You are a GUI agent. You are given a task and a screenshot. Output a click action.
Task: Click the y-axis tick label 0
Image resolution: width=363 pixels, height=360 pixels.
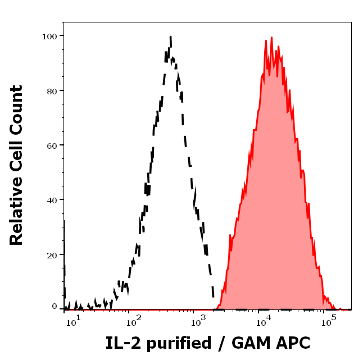coord(55,307)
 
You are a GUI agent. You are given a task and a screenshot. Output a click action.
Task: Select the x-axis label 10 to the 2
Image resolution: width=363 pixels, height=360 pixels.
coord(133,321)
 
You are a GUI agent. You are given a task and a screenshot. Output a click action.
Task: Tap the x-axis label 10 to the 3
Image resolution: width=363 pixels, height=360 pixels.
coord(197,321)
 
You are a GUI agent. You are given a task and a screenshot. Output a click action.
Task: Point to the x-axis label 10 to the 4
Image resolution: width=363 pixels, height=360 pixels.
coord(262,321)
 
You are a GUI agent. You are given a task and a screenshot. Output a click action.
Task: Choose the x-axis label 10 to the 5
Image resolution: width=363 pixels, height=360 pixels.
coord(326,321)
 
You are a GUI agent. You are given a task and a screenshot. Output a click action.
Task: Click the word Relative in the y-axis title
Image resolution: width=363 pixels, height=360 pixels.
coord(16,211)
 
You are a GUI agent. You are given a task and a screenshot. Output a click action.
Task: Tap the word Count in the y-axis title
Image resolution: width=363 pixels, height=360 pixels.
coord(16,109)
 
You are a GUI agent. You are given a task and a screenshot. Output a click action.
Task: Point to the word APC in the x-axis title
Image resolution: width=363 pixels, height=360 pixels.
coord(292,343)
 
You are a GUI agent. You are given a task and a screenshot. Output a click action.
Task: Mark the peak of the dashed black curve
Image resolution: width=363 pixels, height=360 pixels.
coord(170,37)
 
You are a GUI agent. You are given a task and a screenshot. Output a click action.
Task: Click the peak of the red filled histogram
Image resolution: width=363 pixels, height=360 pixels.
coord(271,38)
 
